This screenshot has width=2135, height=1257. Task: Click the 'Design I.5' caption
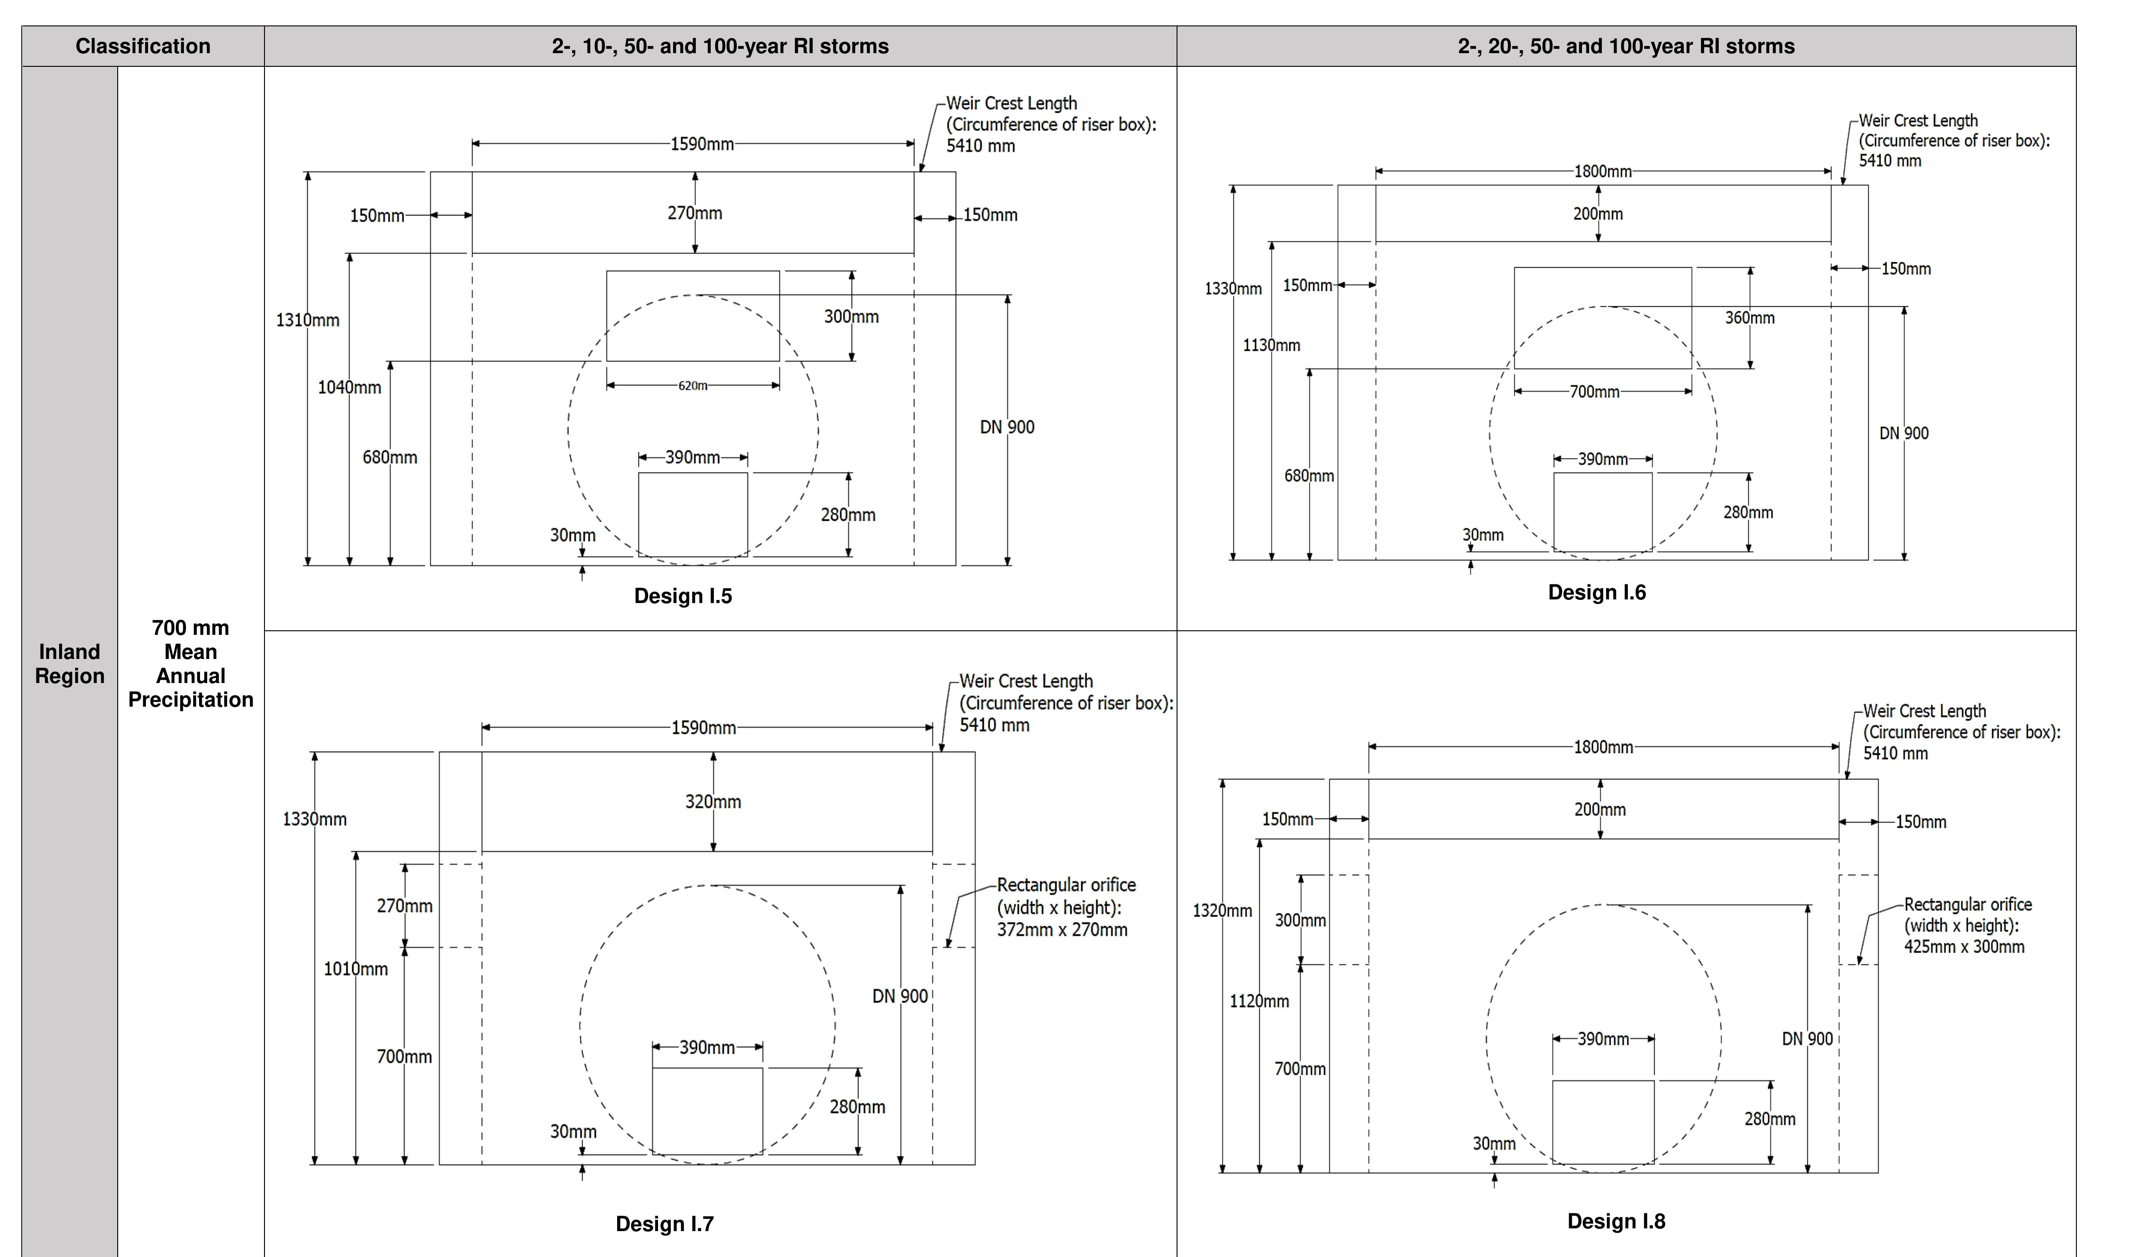683,596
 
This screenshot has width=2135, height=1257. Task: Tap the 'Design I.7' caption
664,1224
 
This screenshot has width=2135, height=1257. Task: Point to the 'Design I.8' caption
1616,1222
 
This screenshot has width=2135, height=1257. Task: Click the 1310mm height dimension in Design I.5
308,320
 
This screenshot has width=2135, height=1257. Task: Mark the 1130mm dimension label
1271,345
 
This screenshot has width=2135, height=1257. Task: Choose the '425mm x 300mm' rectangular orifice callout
1967,926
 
